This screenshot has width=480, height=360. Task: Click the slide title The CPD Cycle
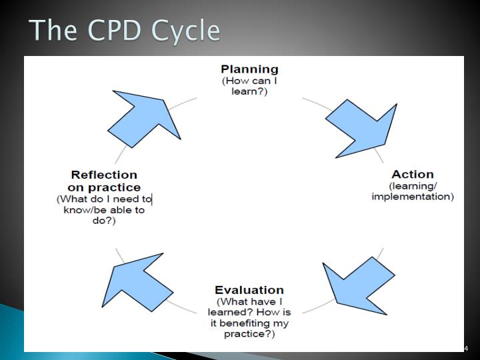tap(125, 31)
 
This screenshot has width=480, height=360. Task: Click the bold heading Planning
tap(249, 69)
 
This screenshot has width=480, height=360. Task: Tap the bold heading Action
tap(413, 175)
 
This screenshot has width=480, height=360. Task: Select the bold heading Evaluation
tap(249, 290)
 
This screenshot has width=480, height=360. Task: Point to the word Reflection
tap(104, 175)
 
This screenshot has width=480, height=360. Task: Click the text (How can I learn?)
tap(249, 86)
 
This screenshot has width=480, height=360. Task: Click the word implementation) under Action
tap(413, 197)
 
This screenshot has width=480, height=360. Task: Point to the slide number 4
tap(466, 348)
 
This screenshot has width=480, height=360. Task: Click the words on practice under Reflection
tap(104, 187)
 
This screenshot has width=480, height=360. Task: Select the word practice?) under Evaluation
tap(249, 333)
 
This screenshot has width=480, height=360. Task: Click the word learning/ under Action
tap(413, 185)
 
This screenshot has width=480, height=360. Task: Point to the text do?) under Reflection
tap(104, 221)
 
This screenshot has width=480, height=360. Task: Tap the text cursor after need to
tap(153, 199)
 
